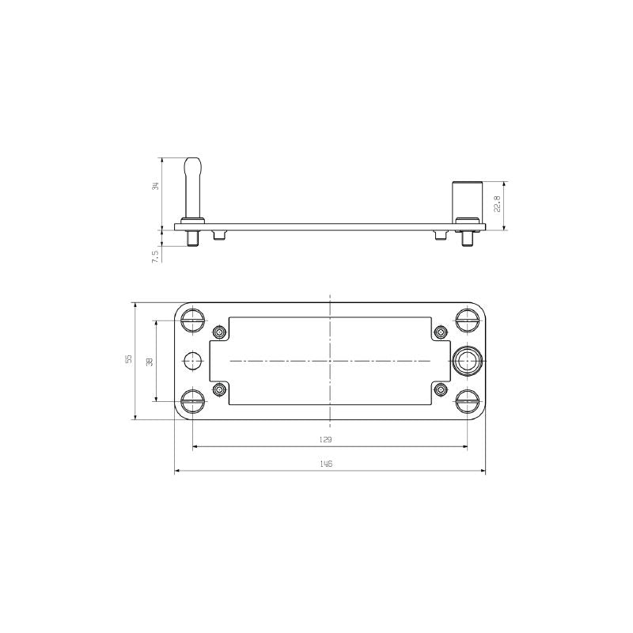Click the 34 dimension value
pos(156,186)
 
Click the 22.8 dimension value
pos(497,205)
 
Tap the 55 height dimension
pos(128,359)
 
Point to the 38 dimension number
pos(149,361)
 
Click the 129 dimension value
pos(325,438)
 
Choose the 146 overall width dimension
pos(325,464)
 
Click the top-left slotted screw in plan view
pos(192,320)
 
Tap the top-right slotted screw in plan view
pos(467,320)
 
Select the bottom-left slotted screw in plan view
pos(192,402)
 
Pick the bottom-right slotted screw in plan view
pos(467,402)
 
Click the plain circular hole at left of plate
pos(192,361)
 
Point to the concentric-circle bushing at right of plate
pos(467,361)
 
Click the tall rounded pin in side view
pos(192,190)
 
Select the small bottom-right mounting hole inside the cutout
pos(441,389)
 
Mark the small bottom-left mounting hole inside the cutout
pos(219,389)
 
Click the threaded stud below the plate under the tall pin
pos(192,237)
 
